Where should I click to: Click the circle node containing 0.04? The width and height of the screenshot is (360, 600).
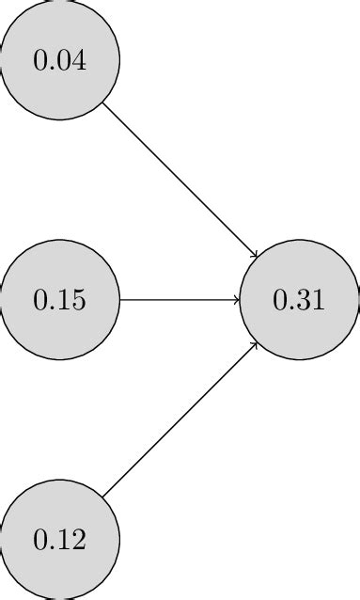point(60,60)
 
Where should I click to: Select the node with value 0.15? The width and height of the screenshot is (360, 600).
point(60,300)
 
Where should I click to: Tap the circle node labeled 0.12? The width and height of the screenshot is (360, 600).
point(60,540)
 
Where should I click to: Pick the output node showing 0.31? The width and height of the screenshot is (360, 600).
point(300,300)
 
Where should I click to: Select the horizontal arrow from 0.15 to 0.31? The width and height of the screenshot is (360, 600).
point(179,300)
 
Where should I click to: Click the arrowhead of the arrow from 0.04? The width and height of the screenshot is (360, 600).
point(255,255)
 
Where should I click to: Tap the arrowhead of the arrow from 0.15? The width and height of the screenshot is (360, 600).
point(237,300)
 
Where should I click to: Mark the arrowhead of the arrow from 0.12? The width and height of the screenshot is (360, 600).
point(255,345)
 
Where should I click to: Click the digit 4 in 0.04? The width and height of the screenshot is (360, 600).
point(80,61)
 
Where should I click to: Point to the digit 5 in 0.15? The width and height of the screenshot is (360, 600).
point(80,301)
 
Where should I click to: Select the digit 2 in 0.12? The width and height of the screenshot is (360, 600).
point(80,540)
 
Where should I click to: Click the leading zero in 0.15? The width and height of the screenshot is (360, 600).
point(40,301)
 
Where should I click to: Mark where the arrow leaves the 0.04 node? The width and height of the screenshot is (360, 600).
point(103,103)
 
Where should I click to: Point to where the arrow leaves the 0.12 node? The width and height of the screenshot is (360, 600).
point(103,497)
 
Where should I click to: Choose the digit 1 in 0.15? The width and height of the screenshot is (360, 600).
point(64,301)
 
